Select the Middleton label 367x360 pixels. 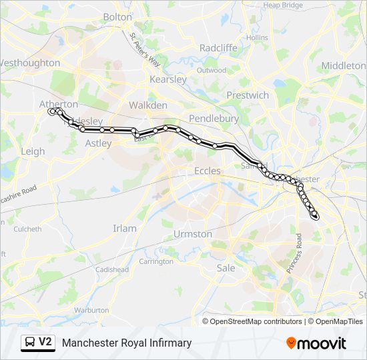(344, 65)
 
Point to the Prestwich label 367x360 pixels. (248, 95)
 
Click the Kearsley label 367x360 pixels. (168, 79)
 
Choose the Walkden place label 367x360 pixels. (147, 105)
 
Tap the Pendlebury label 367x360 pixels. (214, 118)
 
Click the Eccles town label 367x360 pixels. (207, 171)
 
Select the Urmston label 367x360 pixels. (193, 234)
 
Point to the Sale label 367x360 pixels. (226, 267)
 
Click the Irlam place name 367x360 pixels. (125, 228)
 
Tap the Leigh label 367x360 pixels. (33, 151)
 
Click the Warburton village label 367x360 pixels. (91, 310)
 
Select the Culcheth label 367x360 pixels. (27, 229)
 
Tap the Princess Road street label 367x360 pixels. (294, 254)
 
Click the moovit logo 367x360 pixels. (316, 343)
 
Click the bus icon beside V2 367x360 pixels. (29, 343)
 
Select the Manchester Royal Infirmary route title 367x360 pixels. (127, 343)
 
